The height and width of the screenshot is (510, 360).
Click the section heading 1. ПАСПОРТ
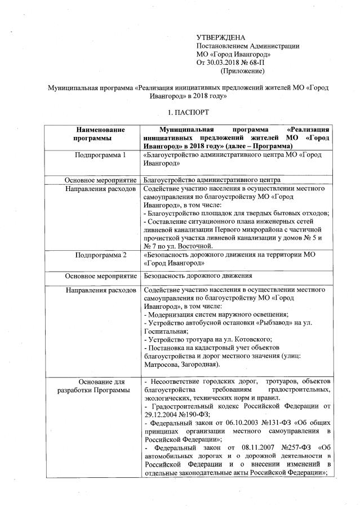pyautogui.click(x=180, y=113)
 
